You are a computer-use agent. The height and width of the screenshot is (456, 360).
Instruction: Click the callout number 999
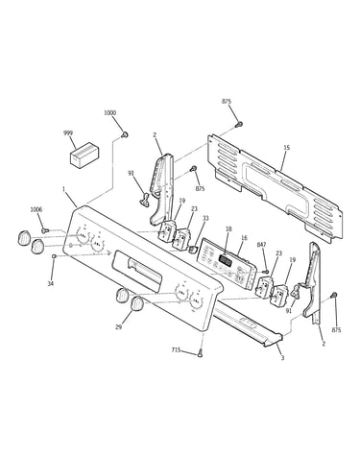pyautogui.click(x=68, y=132)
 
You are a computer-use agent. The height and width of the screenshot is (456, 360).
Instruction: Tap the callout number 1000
pyautogui.click(x=109, y=112)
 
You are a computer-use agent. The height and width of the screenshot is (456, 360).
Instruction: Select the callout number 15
pyautogui.click(x=286, y=148)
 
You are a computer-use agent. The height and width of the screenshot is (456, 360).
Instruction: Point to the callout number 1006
pyautogui.click(x=36, y=209)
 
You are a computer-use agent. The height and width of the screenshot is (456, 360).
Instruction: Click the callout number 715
pyautogui.click(x=176, y=350)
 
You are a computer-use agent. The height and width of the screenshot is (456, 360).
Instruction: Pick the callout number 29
pyautogui.click(x=119, y=327)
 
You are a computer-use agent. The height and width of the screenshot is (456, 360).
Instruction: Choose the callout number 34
pyautogui.click(x=51, y=283)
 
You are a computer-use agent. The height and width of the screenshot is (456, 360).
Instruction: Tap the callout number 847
pyautogui.click(x=261, y=245)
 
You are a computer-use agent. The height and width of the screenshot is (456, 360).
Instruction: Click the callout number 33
pyautogui.click(x=205, y=219)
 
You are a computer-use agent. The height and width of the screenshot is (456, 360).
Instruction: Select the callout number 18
pyautogui.click(x=228, y=228)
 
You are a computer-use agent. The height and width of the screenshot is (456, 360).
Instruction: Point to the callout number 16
pyautogui.click(x=244, y=238)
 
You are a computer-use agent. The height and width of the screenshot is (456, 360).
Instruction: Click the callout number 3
pyautogui.click(x=282, y=358)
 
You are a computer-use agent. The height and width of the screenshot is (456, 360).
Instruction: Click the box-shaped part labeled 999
pyautogui.click(x=84, y=155)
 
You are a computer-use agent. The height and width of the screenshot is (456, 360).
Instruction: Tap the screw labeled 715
pyautogui.click(x=201, y=354)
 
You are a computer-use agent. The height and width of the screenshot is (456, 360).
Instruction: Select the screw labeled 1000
pyautogui.click(x=125, y=135)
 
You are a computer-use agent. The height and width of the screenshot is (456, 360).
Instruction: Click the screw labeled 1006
pyautogui.click(x=45, y=230)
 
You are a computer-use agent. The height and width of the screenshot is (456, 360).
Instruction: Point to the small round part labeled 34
pyautogui.click(x=55, y=256)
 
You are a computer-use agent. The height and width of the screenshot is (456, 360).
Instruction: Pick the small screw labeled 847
pyautogui.click(x=265, y=272)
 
